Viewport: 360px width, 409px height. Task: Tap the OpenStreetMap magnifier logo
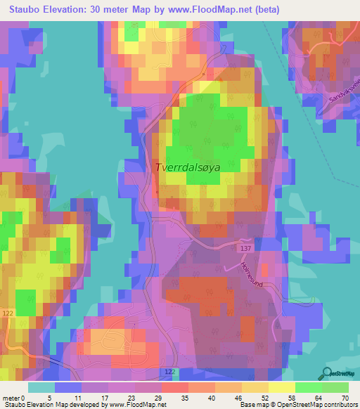click(x=327, y=374)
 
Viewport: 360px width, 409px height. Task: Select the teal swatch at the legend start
click(x=41, y=387)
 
